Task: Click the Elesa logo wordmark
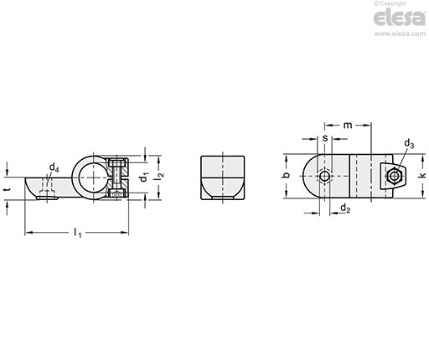(x=400, y=18)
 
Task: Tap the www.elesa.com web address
(x=400, y=33)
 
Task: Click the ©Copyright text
(x=390, y=3)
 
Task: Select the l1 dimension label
(x=77, y=233)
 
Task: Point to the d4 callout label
(x=54, y=167)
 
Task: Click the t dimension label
(x=8, y=189)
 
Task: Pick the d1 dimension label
(x=144, y=177)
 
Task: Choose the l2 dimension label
(x=160, y=176)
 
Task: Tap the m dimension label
(x=348, y=126)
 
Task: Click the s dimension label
(x=325, y=138)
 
